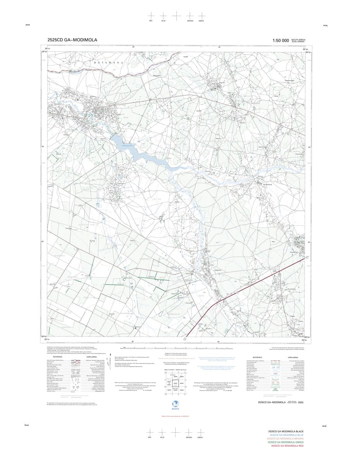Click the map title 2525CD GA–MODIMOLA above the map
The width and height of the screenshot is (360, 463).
coord(72,40)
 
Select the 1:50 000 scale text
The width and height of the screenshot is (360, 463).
coord(281,40)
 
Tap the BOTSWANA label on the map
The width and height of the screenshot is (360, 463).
coord(108,62)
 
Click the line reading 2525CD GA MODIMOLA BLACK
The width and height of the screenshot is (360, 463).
coord(286,432)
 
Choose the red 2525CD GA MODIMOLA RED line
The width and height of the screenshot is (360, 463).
coord(287,446)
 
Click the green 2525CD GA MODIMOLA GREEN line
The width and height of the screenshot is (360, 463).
coord(286,442)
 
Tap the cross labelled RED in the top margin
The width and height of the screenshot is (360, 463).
coord(151,16)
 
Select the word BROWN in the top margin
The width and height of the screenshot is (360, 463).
coord(190,21)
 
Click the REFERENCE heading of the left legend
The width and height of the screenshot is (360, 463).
coord(58,357)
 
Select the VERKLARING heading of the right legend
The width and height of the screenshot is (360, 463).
coord(293,357)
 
